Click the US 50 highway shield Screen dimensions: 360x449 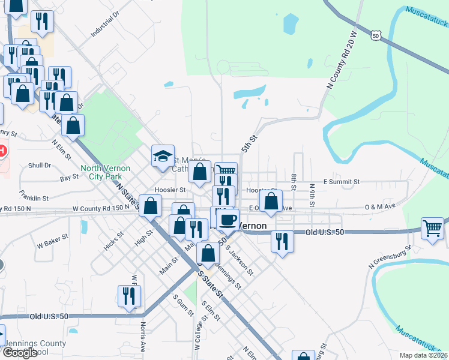[375, 36]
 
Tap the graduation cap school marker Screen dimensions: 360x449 [163, 157]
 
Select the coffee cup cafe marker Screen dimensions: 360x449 [228, 220]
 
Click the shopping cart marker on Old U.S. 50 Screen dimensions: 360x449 [432, 229]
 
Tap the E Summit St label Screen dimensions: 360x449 [341, 181]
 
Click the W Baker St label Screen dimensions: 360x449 [50, 244]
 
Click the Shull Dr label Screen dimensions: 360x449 [40, 165]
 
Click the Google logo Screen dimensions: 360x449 [20, 353]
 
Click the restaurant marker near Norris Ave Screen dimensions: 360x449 [129, 296]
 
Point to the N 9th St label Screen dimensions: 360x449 [312, 195]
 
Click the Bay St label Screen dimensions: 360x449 [70, 178]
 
